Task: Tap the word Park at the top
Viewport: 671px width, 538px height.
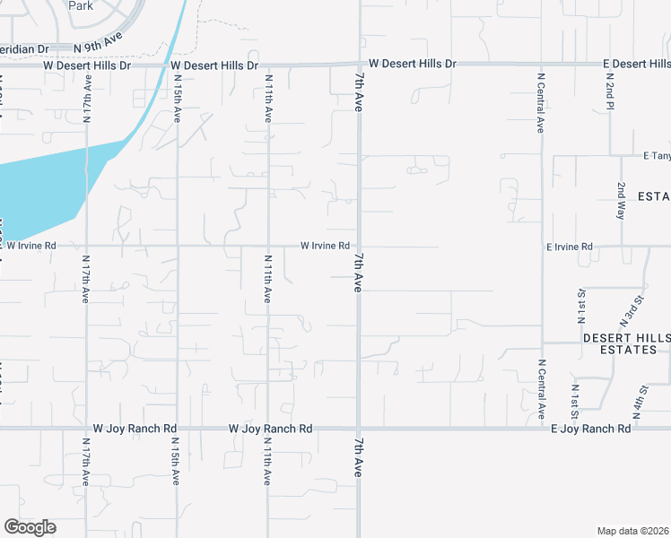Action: click(82, 5)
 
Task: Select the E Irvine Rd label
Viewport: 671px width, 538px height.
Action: click(570, 246)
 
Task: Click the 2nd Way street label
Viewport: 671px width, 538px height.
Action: click(621, 201)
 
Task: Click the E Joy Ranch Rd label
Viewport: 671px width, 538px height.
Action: click(591, 429)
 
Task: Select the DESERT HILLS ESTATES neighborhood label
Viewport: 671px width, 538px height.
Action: click(626, 343)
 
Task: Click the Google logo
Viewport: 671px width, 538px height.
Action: click(30, 527)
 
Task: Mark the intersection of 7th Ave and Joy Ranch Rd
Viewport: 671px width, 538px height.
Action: click(359, 429)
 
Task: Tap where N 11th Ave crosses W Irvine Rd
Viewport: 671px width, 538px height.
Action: click(268, 246)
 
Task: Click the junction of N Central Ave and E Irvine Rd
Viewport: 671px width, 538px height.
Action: click(542, 246)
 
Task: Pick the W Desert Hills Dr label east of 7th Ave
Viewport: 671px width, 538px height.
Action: click(413, 65)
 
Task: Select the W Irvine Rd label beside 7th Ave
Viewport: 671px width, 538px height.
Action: click(324, 246)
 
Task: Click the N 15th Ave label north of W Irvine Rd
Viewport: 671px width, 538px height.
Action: click(178, 101)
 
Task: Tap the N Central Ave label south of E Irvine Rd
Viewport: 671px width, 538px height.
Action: click(542, 389)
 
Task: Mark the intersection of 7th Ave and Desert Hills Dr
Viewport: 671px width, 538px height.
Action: click(359, 65)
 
